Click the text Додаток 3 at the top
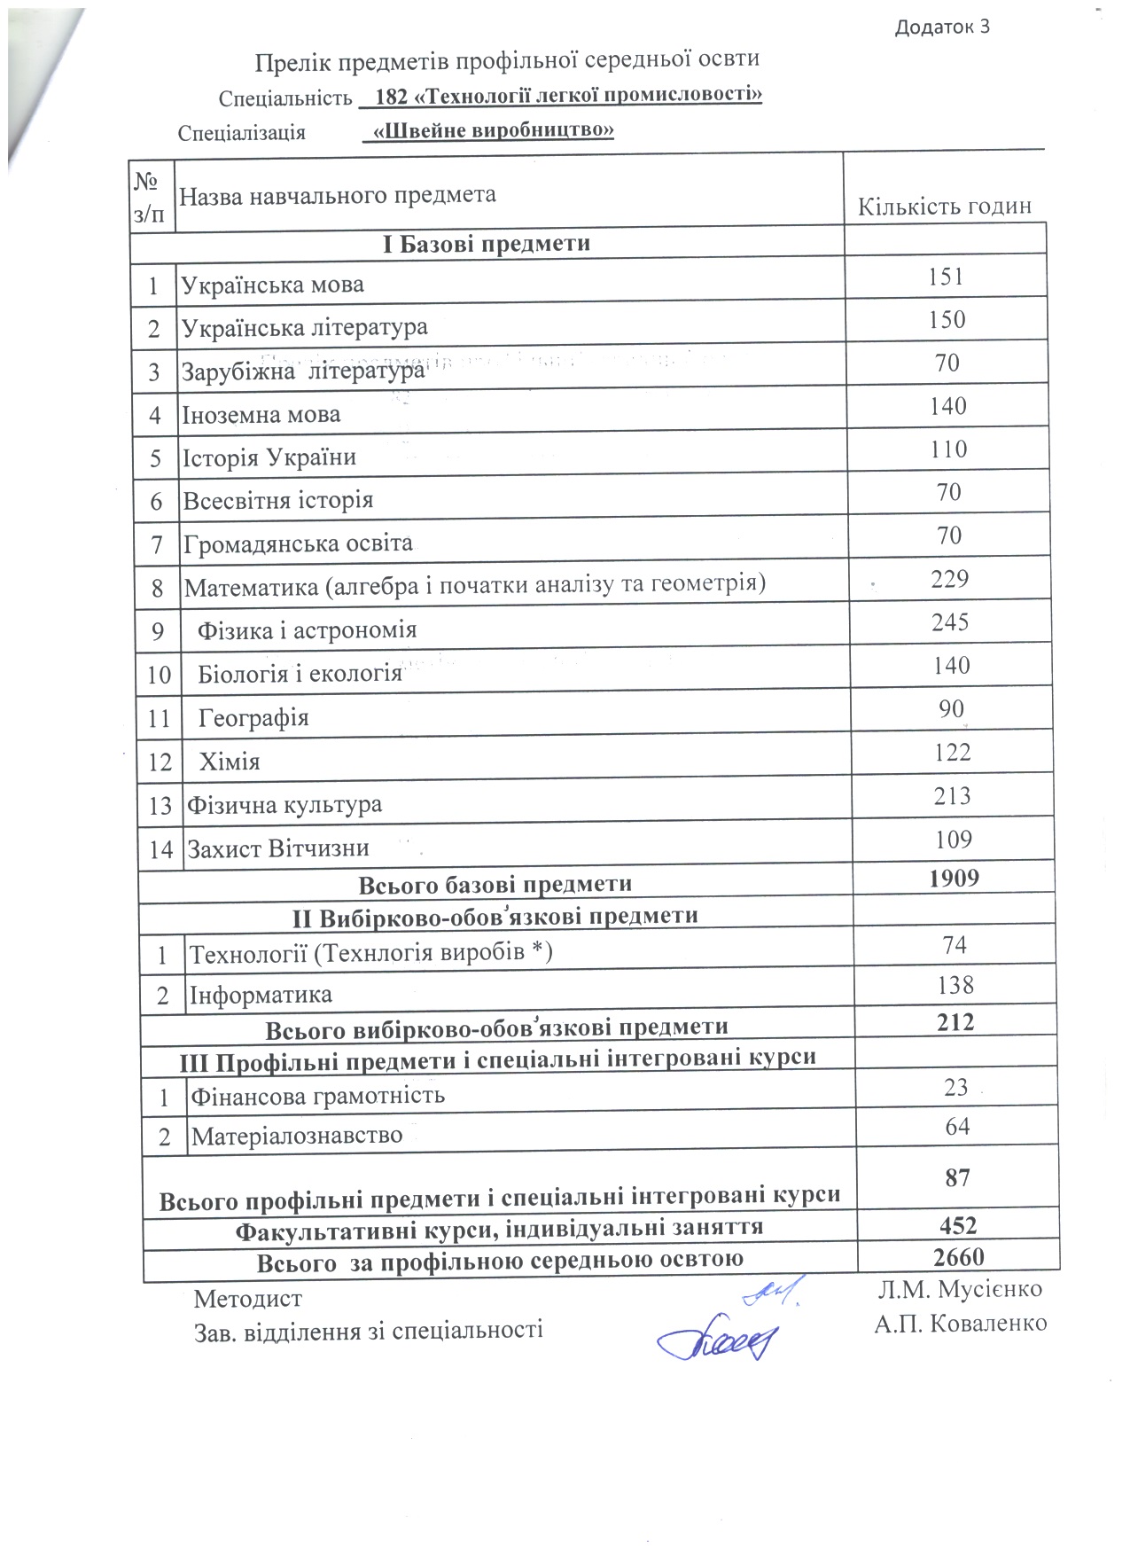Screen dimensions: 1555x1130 [x=941, y=27]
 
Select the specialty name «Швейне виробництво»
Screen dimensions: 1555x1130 [x=494, y=130]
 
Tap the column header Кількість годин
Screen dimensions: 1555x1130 [x=944, y=207]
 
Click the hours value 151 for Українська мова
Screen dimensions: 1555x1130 [x=946, y=277]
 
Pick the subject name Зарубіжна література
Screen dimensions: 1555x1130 [x=303, y=371]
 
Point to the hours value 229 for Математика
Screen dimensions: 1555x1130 [x=949, y=579]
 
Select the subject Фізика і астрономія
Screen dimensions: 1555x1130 [x=307, y=630]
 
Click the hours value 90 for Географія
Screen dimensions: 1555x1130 [x=951, y=709]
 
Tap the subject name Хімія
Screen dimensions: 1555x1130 [x=230, y=762]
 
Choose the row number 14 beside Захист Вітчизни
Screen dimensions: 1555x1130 [x=160, y=849]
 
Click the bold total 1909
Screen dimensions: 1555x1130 [x=954, y=879]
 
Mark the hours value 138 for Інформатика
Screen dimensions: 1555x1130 [x=955, y=985]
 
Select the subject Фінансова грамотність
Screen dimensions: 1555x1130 [x=318, y=1096]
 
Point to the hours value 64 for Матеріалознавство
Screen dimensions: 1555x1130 [x=957, y=1127]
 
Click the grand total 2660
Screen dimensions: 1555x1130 [x=958, y=1257]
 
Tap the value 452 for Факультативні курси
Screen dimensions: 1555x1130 [x=958, y=1226]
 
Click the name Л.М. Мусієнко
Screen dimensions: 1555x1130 [x=960, y=1289]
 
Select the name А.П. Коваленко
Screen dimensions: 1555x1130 [x=961, y=1324]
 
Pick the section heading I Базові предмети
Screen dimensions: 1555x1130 [x=487, y=244]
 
